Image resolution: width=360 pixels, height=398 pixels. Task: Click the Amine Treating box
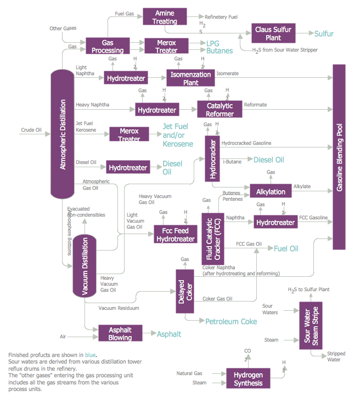pos(165,17)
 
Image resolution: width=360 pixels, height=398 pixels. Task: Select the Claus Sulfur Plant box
pos(274,33)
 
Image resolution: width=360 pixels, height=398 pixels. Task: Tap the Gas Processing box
pos(107,46)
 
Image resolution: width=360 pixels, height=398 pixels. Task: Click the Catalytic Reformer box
pos(220,110)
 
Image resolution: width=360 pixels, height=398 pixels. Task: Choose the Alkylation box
pos(271,191)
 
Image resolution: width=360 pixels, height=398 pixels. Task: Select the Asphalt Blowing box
pos(120,333)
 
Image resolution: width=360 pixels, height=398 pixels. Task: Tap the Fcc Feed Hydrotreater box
pos(176,234)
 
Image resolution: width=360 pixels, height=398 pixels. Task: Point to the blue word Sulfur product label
pos(324,33)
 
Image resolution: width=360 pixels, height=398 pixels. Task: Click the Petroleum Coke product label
pos(231,321)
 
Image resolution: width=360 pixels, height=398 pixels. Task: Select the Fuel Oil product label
pos(286,248)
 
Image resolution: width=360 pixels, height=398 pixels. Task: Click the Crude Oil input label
pos(31,130)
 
